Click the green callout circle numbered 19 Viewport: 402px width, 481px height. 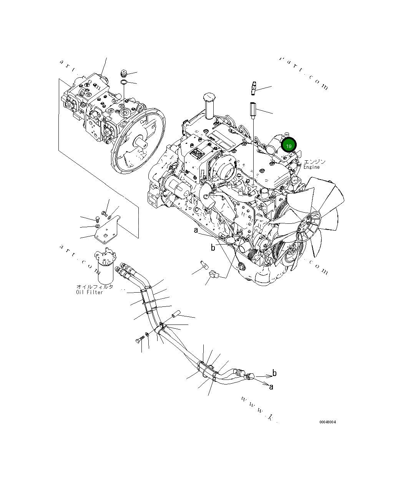pos(289,146)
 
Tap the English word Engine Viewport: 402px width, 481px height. pos(311,167)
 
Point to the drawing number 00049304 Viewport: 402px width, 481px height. pos(327,422)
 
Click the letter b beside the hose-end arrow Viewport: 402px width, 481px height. pos(274,373)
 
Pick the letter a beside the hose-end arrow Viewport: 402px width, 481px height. pos(271,387)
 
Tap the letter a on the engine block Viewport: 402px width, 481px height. pos(196,230)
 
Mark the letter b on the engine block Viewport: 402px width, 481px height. pos(213,248)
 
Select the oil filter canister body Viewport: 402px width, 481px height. pos(105,271)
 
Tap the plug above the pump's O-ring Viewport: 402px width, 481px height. pos(124,73)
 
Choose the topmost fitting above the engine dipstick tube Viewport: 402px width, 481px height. pos(254,87)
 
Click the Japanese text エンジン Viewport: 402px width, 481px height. pos(314,162)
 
